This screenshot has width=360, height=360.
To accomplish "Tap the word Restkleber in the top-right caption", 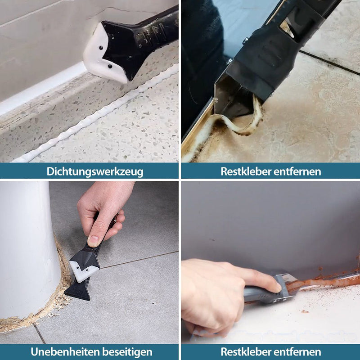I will click(x=242, y=171).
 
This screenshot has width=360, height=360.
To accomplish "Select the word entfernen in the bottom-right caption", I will click(x=300, y=351).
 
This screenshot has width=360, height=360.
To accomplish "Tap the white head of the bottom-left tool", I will click(x=85, y=268).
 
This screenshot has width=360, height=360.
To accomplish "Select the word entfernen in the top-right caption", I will click(x=300, y=171).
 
